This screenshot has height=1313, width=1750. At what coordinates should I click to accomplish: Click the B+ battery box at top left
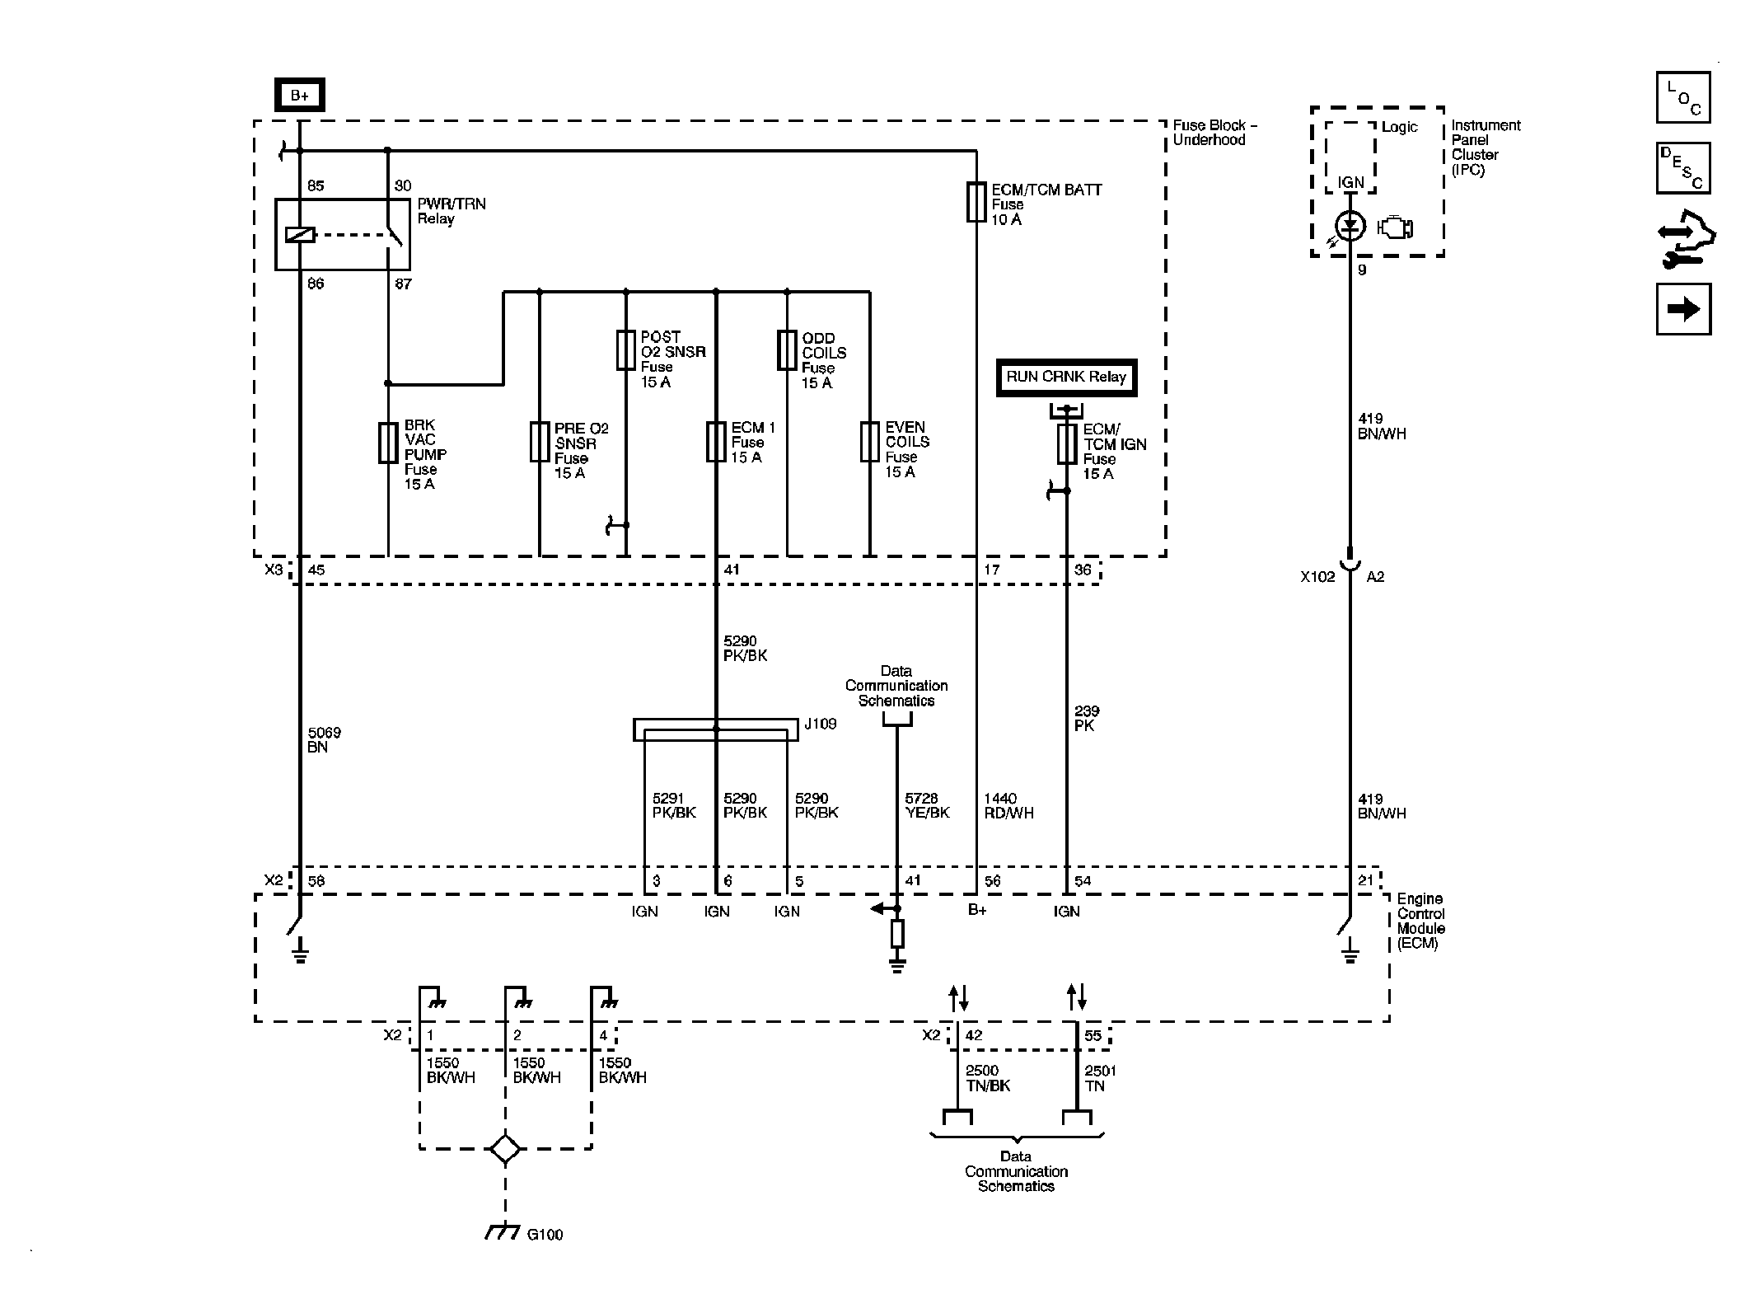tap(299, 96)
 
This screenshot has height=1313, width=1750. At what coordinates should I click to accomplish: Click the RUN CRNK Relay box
tap(1066, 377)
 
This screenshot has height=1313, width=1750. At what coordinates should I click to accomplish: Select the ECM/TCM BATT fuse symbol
tap(976, 202)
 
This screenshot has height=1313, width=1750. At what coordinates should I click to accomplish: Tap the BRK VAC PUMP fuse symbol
tap(388, 443)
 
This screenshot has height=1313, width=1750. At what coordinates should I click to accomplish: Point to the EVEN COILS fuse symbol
tap(870, 442)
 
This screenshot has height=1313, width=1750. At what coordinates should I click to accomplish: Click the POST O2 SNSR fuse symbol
tap(626, 351)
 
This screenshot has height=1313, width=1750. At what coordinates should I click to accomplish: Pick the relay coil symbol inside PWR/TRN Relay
tap(300, 235)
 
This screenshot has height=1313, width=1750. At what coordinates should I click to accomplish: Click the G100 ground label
tap(545, 1234)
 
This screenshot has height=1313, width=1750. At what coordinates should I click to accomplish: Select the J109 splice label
tap(821, 724)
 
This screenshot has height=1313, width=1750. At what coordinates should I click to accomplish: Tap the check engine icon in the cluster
tap(1396, 227)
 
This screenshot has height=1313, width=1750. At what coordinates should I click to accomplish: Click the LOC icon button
tap(1683, 97)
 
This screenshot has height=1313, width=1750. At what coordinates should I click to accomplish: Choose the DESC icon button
tap(1683, 168)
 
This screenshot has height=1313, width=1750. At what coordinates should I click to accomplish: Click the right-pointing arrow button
tap(1683, 309)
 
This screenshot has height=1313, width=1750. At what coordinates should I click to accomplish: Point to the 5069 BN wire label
tap(323, 739)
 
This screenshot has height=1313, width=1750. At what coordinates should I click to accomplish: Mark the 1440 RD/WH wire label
tap(1008, 805)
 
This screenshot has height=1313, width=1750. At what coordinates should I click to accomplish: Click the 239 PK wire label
tap(1086, 718)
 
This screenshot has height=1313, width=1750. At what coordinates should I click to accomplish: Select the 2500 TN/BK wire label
tap(987, 1078)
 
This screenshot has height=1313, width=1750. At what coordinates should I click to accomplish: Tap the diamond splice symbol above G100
tap(505, 1148)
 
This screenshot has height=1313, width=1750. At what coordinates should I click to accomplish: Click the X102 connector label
tap(1317, 577)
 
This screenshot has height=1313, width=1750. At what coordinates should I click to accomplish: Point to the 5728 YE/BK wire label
tap(927, 805)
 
